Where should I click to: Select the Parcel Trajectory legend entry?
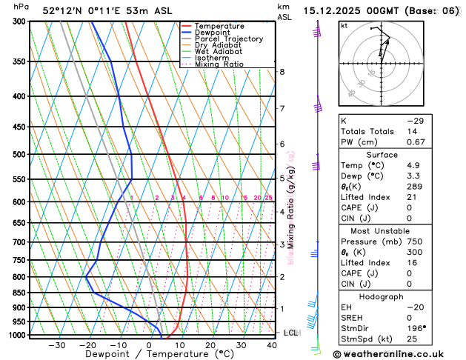click(x=228, y=39)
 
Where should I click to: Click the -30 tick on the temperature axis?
click(x=57, y=345)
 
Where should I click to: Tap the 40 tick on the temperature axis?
click(x=273, y=345)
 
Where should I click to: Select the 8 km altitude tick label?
click(x=282, y=72)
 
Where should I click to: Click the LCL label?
click(x=290, y=333)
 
